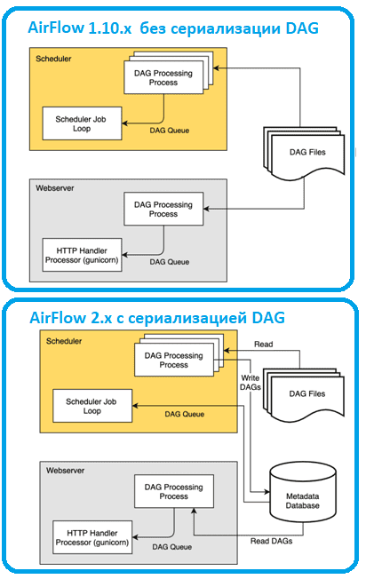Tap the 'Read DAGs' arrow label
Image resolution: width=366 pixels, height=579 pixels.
[x=272, y=541]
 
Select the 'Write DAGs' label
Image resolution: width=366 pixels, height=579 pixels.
[x=251, y=383]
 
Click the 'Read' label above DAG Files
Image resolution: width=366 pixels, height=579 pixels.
[x=263, y=345]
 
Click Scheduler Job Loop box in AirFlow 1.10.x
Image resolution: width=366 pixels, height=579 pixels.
[x=82, y=123]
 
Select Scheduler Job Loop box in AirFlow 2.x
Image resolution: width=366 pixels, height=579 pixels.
[x=92, y=406]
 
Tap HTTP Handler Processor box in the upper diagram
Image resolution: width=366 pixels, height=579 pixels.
[x=82, y=255]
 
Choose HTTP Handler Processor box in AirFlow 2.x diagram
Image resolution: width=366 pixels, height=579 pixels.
[x=92, y=537]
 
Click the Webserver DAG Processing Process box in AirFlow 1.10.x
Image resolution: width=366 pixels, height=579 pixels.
[x=163, y=209]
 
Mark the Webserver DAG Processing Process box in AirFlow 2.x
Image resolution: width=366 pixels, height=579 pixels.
[x=174, y=491]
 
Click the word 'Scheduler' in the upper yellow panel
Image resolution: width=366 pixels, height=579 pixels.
[x=53, y=59]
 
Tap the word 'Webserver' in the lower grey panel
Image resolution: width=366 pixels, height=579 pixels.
[x=66, y=471]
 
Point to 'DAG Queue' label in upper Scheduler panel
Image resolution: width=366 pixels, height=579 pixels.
[x=170, y=131]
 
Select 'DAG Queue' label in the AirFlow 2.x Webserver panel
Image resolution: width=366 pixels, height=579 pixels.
[x=172, y=547]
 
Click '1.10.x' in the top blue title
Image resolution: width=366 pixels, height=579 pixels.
[x=109, y=28]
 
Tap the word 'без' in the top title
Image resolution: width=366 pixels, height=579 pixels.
[x=153, y=28]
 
